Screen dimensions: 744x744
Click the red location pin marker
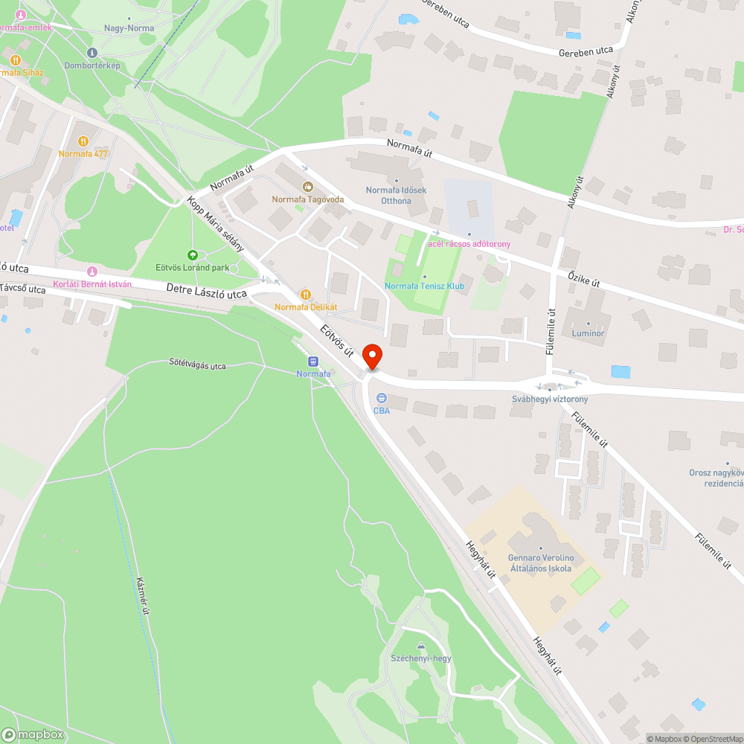coord(372,356)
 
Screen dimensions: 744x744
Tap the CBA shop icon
coord(382,398)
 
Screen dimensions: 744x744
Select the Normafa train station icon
coord(312,362)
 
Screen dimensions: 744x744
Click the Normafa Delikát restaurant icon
coord(304,295)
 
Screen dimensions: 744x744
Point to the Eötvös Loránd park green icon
coord(193,255)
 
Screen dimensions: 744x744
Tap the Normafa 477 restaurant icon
coord(83,141)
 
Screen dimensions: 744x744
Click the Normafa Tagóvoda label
coord(307,199)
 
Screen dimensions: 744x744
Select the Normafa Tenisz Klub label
coord(424,286)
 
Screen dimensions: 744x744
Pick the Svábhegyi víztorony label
coord(550,399)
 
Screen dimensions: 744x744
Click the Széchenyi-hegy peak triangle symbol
coord(421,646)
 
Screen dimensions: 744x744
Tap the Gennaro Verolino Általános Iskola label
coord(540,563)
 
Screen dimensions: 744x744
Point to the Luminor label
coord(588,333)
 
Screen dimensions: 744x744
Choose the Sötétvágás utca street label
coord(197,365)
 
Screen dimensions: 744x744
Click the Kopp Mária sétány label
coord(216,224)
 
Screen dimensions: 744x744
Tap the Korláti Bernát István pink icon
coord(92,272)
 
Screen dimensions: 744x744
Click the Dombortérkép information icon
coord(92,53)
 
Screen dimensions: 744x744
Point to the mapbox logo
coord(33,734)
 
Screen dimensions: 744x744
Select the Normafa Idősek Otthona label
coord(396,195)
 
